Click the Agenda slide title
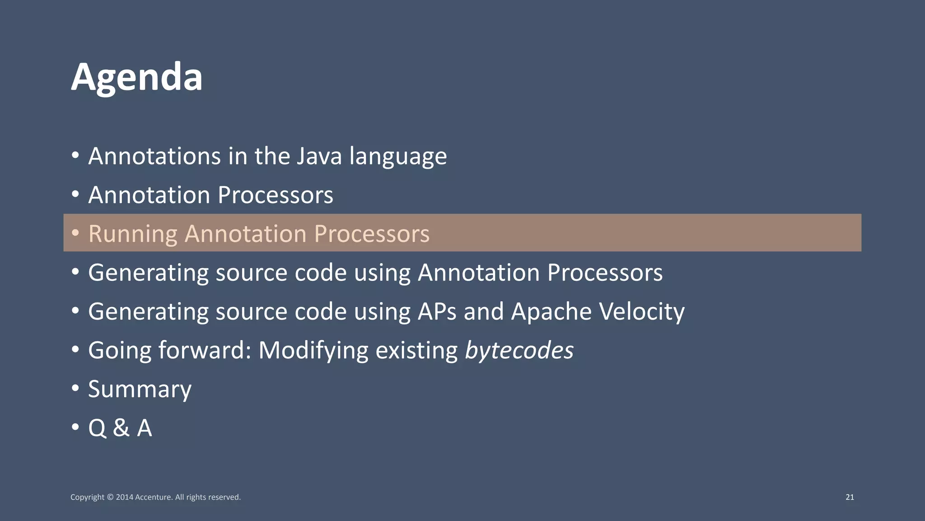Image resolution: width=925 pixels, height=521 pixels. [x=136, y=78]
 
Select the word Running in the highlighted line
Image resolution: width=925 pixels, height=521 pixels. [x=133, y=234]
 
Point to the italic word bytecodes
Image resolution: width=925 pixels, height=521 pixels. [x=519, y=351]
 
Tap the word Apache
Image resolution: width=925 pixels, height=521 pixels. [x=551, y=312]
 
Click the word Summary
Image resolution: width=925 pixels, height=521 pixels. [x=140, y=390]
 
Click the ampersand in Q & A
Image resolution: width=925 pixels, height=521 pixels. [x=121, y=428]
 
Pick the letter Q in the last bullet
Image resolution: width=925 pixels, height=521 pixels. [x=97, y=428]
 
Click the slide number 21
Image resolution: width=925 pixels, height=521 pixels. [x=850, y=497]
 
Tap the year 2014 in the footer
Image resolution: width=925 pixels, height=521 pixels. [x=124, y=497]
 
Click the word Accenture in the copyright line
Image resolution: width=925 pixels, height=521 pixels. [x=154, y=497]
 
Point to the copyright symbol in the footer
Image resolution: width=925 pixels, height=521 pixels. [x=110, y=497]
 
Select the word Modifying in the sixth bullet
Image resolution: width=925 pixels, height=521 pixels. [x=313, y=351]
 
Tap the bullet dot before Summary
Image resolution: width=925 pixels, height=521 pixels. [x=75, y=388]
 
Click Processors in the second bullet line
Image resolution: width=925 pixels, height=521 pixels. [x=276, y=195]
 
